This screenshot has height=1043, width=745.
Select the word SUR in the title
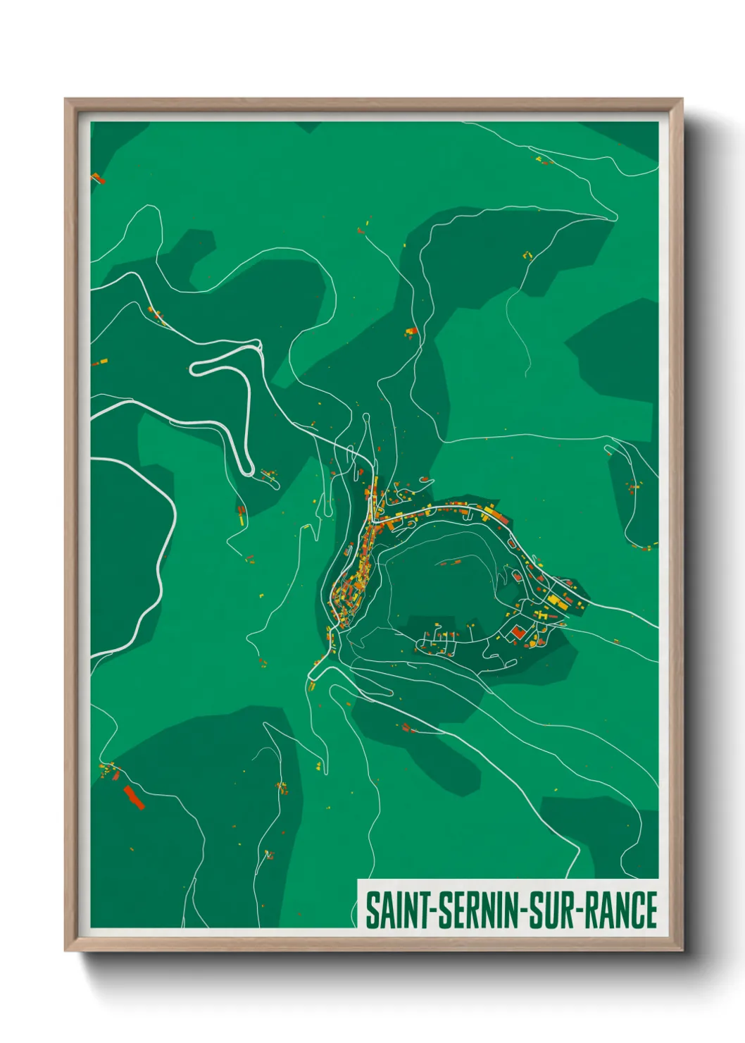(551, 910)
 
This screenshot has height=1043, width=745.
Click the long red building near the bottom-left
(133, 796)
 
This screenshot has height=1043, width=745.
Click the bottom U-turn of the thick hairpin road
(248, 471)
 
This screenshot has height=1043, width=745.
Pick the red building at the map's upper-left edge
(98, 179)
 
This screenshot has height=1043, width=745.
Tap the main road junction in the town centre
(374, 522)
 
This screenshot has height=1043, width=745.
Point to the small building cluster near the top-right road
(544, 161)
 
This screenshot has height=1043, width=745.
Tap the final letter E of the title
(650, 910)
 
